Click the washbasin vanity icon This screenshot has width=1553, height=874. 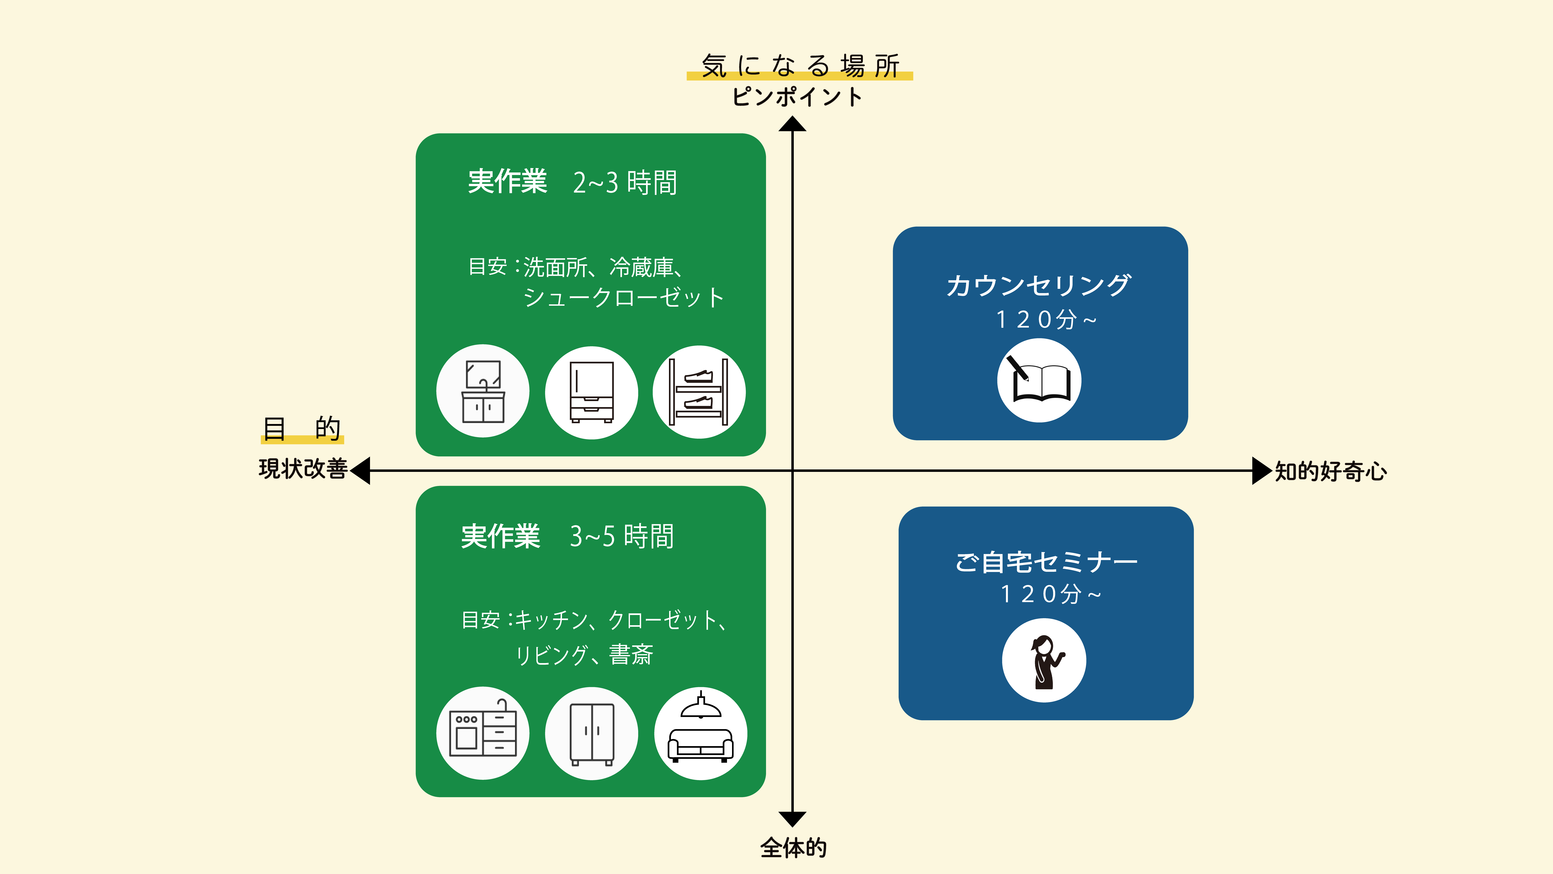pos(483,391)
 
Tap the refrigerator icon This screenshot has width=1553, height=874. pos(591,392)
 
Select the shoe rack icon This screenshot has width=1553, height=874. pos(699,392)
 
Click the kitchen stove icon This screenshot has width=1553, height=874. pos(483,733)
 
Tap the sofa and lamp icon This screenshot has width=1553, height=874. pos(701,733)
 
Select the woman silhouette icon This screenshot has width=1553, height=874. pos(1044,661)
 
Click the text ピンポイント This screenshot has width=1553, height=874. pos(797,97)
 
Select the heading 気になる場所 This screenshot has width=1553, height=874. pos(799,65)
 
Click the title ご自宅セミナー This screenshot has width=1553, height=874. pos(1046,562)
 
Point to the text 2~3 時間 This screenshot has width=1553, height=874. pos(625,182)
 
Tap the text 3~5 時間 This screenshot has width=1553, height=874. pos(622,536)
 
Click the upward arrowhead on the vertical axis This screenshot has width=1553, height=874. pos(792,124)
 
